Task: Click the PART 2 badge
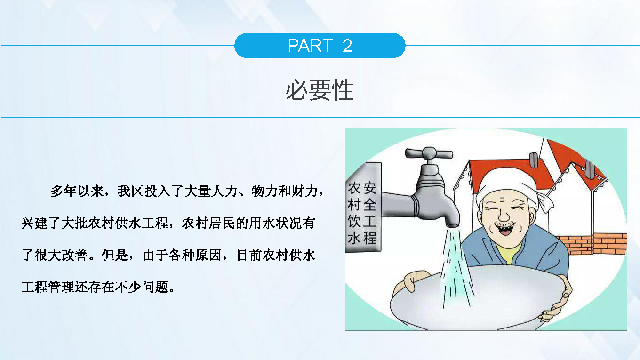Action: click(x=320, y=46)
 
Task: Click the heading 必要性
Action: click(x=320, y=90)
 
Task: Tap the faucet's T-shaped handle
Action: click(x=429, y=153)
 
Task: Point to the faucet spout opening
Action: click(x=452, y=225)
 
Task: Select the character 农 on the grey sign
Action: click(x=354, y=189)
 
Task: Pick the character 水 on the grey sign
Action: click(x=354, y=238)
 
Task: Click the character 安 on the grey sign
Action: click(x=370, y=188)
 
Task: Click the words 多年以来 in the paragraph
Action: click(x=77, y=191)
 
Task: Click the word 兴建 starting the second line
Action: click(x=34, y=223)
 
